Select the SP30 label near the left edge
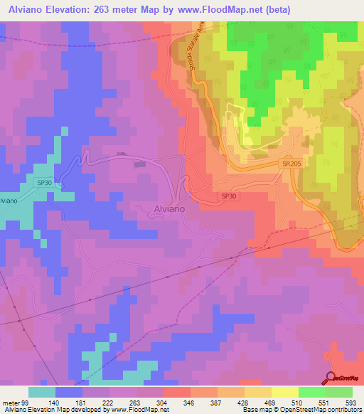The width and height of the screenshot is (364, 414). click(44, 183)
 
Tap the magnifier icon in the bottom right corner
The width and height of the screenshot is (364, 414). click(330, 378)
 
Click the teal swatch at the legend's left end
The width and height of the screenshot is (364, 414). click(41, 392)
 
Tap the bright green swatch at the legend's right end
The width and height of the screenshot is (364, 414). click(339, 392)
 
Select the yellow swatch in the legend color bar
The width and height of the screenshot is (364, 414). click(284, 392)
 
